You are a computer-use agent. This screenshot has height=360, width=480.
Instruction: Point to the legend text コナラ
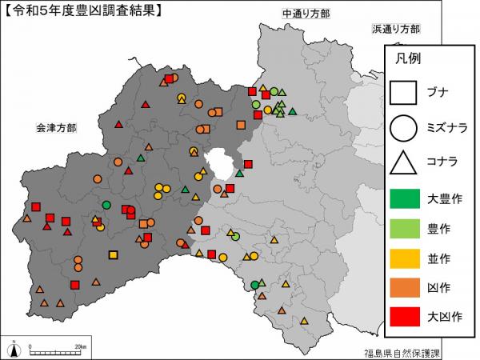pos(442,162)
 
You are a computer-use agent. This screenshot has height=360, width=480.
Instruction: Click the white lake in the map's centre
pos(220,164)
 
